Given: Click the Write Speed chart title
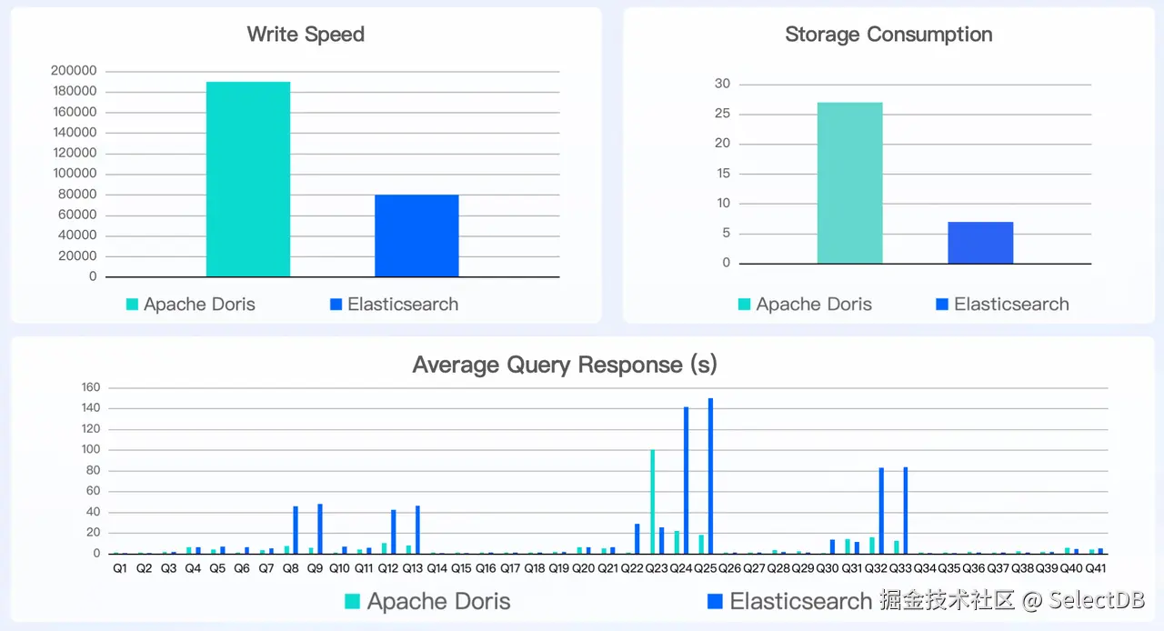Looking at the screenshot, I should tap(306, 35).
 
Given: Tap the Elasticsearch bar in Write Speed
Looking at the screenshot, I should tap(416, 235).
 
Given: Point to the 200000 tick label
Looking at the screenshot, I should tap(75, 71).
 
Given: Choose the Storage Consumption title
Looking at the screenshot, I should tap(888, 35).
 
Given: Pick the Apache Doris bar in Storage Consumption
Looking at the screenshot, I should tap(849, 183).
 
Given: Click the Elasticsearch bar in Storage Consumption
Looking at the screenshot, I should tap(980, 243).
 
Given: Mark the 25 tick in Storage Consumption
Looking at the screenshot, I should tap(722, 114).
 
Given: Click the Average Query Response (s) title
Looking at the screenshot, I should tap(565, 365).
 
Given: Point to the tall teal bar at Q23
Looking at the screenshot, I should tap(653, 502).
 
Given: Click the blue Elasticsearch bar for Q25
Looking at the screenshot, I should tap(710, 476).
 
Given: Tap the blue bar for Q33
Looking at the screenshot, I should tap(906, 510).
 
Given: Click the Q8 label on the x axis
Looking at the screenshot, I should tap(291, 568).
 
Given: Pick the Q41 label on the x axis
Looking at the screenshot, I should tap(1095, 568).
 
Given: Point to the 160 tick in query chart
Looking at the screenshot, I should tap(91, 387).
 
